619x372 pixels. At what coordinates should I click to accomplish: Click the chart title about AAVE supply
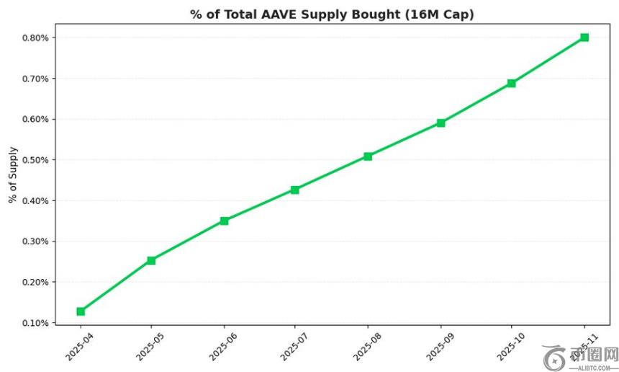tap(332, 14)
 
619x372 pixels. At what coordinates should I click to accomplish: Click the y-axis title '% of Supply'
tap(13, 174)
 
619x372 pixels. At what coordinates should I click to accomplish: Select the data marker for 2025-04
tap(81, 311)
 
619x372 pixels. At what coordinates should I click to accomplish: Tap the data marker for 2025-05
tap(151, 260)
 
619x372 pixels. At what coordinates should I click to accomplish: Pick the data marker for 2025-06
tap(225, 221)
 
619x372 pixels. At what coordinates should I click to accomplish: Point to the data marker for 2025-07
tap(295, 190)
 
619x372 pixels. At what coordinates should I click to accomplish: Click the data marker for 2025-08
tap(368, 156)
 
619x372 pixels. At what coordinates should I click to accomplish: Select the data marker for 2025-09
tap(440, 123)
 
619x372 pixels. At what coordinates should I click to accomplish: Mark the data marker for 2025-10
tap(512, 83)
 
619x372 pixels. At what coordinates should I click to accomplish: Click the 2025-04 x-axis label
tap(75, 343)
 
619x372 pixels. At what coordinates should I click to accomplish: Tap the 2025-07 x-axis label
tap(289, 343)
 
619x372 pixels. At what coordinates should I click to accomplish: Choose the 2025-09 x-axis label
tap(435, 343)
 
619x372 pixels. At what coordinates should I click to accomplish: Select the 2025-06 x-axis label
tap(218, 343)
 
